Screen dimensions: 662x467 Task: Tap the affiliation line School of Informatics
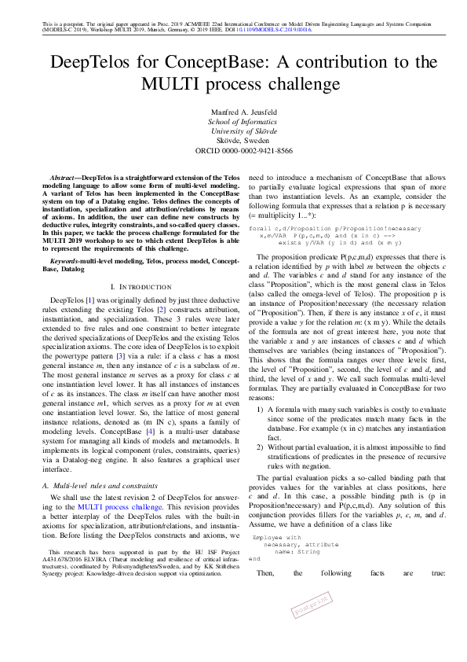233,122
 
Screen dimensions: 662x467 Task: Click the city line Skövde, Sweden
233,142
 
